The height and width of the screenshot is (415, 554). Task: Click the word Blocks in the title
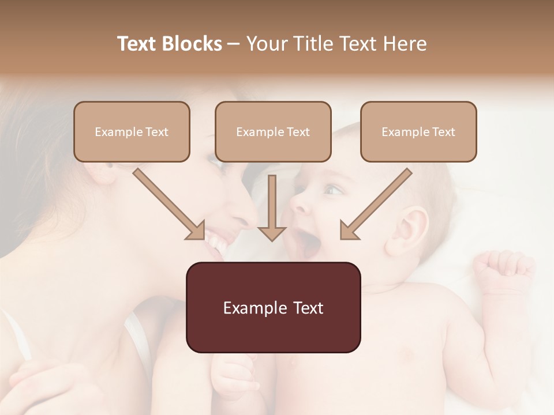(193, 44)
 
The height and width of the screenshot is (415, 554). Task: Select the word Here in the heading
(406, 44)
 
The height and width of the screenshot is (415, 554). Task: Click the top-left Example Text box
(132, 132)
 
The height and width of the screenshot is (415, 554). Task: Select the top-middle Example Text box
(273, 132)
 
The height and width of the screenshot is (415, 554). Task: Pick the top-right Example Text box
(418, 132)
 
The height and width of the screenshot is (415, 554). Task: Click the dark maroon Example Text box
(273, 308)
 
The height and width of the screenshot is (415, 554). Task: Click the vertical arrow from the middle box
(272, 207)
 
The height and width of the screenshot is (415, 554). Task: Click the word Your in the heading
(266, 44)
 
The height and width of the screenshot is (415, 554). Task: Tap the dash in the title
(234, 44)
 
